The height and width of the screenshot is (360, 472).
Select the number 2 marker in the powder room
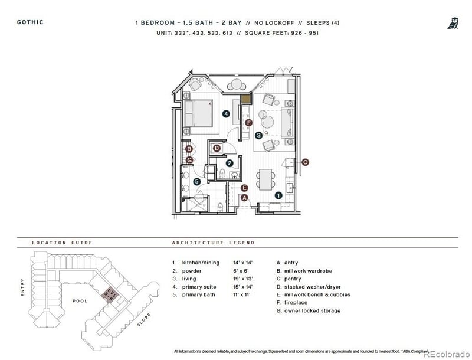(230, 162)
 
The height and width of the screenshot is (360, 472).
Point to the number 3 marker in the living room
(258, 135)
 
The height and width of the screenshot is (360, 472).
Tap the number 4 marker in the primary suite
(225, 113)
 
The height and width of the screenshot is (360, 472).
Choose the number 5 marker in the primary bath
(197, 182)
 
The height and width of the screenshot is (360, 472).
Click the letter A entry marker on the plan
(245, 198)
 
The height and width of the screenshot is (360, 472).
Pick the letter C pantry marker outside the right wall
(305, 162)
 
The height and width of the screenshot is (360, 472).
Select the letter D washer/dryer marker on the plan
(217, 148)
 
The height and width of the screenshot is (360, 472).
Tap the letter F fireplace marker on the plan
(248, 123)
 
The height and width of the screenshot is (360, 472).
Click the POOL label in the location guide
(80, 301)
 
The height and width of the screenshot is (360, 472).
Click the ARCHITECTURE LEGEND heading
(213, 243)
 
